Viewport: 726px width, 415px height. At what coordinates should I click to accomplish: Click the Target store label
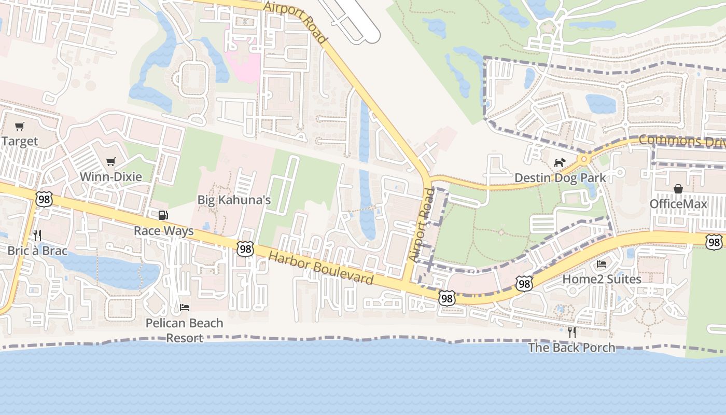(20, 141)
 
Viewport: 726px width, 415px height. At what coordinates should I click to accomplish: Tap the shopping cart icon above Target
(20, 126)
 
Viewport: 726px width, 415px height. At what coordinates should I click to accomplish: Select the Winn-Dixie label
(110, 177)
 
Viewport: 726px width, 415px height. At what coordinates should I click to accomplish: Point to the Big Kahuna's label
(234, 200)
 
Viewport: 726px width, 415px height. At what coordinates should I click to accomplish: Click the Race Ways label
(164, 231)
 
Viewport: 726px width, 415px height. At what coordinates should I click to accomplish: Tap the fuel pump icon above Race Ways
(163, 215)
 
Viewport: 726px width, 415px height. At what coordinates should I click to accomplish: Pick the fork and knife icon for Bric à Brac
(37, 236)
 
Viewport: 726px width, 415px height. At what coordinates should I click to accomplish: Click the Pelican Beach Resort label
(184, 330)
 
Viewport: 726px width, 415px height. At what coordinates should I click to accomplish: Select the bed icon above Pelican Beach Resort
(184, 308)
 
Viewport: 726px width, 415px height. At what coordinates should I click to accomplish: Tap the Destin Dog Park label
(560, 178)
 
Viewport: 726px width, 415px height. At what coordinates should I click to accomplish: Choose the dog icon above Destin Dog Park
(559, 163)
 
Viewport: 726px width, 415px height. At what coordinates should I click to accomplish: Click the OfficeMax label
(678, 204)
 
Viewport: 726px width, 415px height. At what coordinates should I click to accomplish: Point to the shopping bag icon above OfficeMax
(678, 189)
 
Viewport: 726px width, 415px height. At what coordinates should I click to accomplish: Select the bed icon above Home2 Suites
(602, 264)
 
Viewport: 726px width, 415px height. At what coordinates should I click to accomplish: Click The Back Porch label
(571, 348)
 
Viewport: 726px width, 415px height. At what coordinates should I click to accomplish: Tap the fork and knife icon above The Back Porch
(571, 332)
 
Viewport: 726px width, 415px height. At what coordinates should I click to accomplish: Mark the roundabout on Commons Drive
(584, 159)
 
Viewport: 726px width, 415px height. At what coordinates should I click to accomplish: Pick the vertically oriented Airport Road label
(421, 225)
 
